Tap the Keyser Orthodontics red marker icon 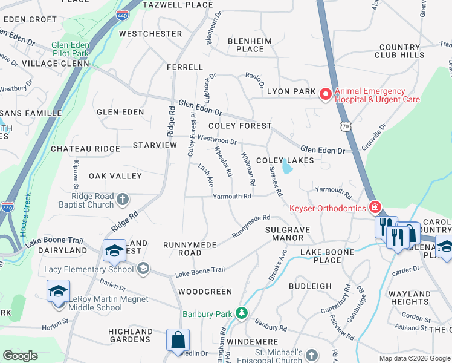pyautogui.click(x=375, y=208)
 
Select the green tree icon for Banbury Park pyautogui.click(x=242, y=313)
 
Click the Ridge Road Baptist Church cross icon pyautogui.click(x=123, y=198)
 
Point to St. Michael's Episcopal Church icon pyautogui.click(x=311, y=355)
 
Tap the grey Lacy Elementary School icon pyautogui.click(x=143, y=268)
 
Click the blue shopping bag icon pyautogui.click(x=178, y=341)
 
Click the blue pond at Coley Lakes pyautogui.click(x=286, y=167)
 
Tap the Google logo pyautogui.click(x=20, y=356)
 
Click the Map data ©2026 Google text pyautogui.click(x=415, y=358)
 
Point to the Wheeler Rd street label pyautogui.click(x=223, y=162)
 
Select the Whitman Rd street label pyautogui.click(x=247, y=169)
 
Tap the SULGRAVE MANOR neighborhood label pyautogui.click(x=288, y=234)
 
